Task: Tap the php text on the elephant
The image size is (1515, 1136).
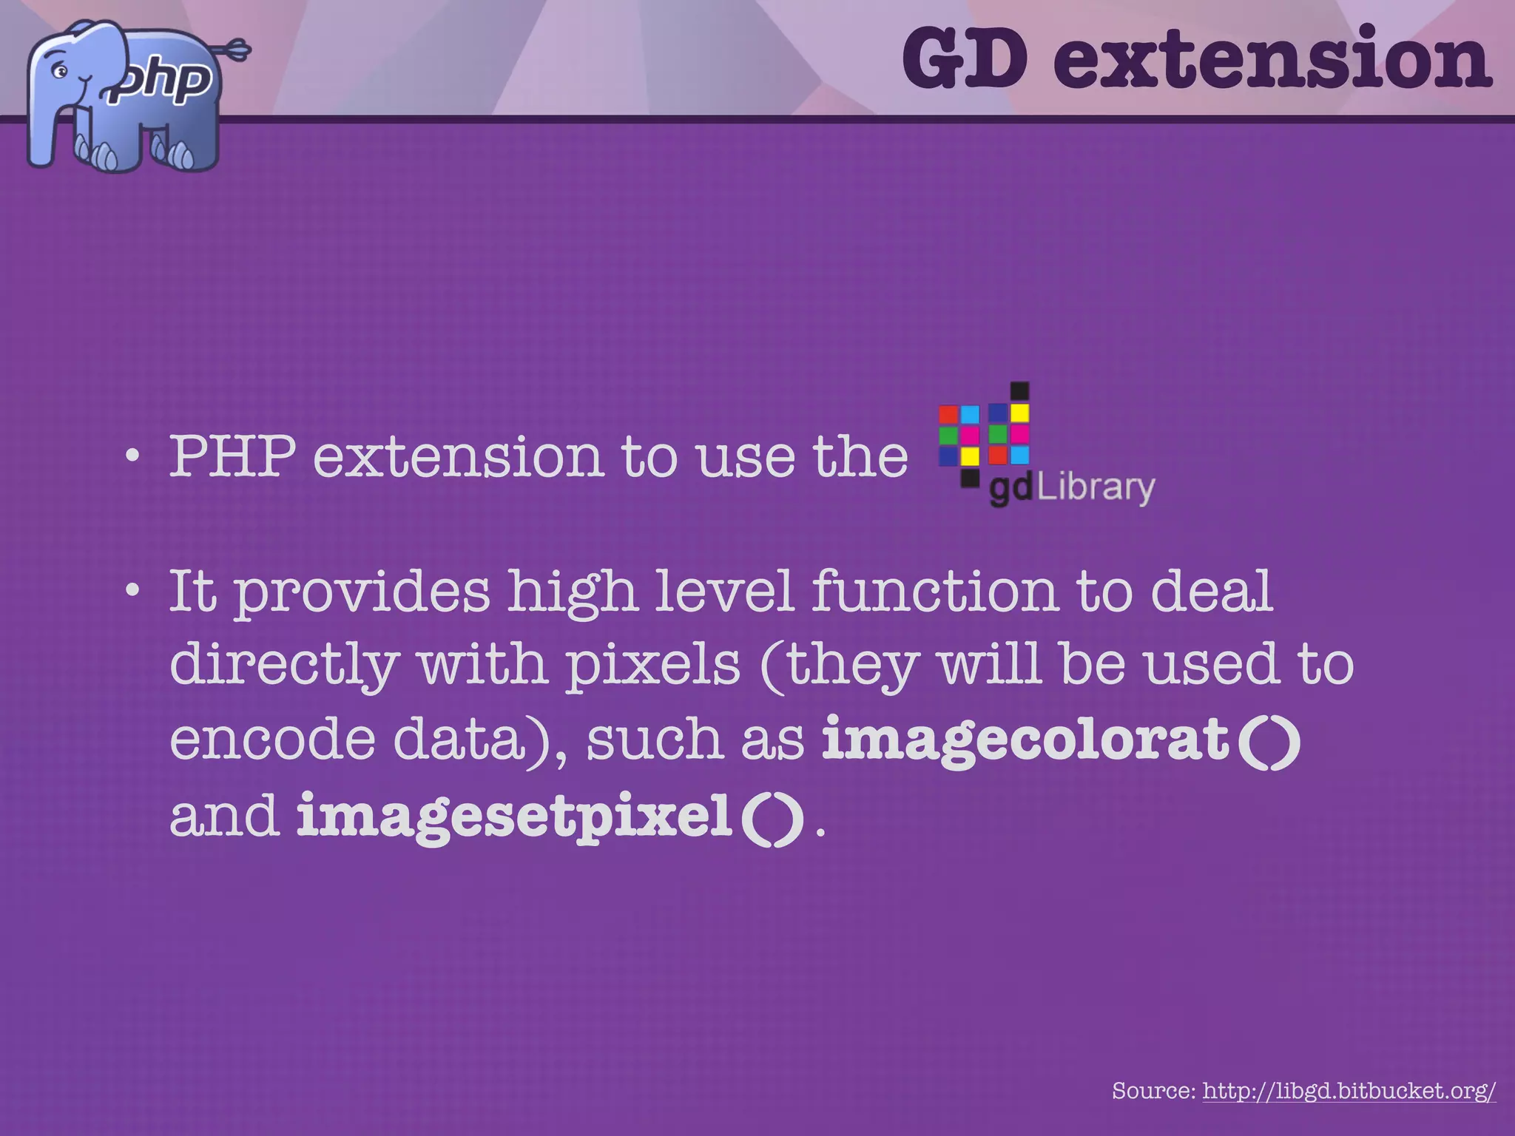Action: coord(164,80)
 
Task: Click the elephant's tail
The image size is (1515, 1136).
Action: coord(233,51)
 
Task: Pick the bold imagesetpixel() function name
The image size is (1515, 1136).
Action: coord(550,816)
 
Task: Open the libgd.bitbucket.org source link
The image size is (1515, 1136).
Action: coord(1349,1090)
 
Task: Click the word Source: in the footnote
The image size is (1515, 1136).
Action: coord(1154,1090)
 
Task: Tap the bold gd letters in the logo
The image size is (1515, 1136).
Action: coord(1010,490)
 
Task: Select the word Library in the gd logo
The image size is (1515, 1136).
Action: coord(1096,488)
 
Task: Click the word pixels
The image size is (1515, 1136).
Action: coord(653,664)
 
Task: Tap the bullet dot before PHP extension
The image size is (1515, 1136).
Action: coord(132,456)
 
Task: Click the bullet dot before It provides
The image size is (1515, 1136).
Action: coord(132,590)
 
